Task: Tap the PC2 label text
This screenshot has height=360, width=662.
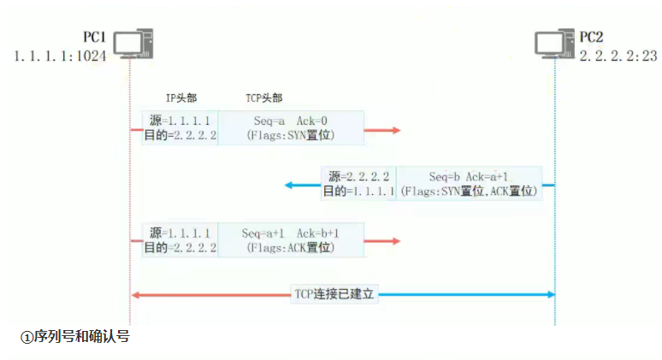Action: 591,37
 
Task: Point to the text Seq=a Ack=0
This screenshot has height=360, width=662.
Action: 291,121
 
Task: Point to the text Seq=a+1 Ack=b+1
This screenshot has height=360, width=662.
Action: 291,233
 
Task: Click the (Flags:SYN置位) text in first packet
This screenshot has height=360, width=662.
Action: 291,135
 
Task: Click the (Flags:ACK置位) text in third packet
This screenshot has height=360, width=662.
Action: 291,247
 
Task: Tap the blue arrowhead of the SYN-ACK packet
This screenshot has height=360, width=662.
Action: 290,184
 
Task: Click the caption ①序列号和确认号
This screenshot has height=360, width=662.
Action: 74,336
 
